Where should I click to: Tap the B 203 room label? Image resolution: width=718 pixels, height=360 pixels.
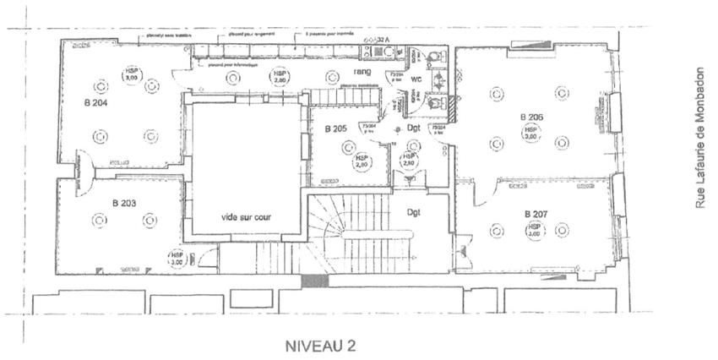click(x=124, y=204)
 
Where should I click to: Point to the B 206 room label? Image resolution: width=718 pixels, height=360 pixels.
click(x=532, y=117)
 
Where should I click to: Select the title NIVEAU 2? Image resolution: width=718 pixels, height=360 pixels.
click(x=319, y=346)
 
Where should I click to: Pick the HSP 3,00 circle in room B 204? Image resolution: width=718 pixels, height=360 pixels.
click(x=131, y=74)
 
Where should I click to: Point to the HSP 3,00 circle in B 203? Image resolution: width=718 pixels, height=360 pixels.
click(x=177, y=258)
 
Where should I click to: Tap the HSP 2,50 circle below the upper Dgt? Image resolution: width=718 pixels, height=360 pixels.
click(x=409, y=160)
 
